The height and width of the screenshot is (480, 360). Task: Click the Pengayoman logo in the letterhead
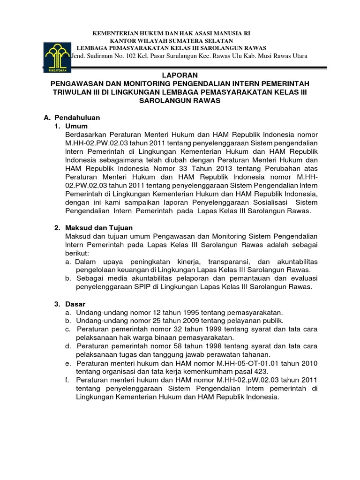click(x=56, y=56)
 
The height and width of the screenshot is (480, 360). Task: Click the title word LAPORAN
click(x=180, y=75)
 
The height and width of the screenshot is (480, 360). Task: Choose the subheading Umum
click(x=76, y=126)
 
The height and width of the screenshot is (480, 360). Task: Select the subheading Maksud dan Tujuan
click(x=99, y=227)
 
